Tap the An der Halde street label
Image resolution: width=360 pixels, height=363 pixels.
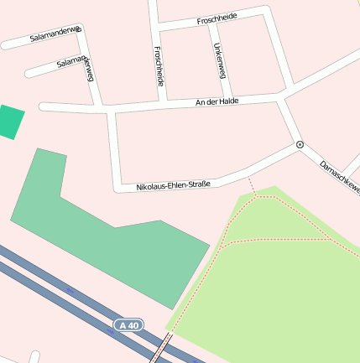pyautogui.click(x=217, y=101)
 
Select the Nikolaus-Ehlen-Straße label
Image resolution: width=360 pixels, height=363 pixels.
pyautogui.click(x=173, y=185)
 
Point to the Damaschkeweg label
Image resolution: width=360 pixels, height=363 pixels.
pyautogui.click(x=339, y=178)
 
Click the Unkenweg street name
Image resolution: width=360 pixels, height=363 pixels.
pyautogui.click(x=220, y=60)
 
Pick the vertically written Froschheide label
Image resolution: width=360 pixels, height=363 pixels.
pyautogui.click(x=159, y=65)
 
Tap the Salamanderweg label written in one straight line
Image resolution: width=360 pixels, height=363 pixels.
pyautogui.click(x=55, y=34)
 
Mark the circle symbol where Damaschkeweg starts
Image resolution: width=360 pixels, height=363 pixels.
pyautogui.click(x=300, y=145)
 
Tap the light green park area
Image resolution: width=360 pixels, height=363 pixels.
pyautogui.click(x=285, y=285)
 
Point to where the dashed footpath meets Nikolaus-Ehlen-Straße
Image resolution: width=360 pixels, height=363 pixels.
pyautogui.click(x=248, y=176)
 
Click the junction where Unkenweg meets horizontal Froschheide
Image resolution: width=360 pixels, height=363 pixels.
pyautogui.click(x=210, y=25)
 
